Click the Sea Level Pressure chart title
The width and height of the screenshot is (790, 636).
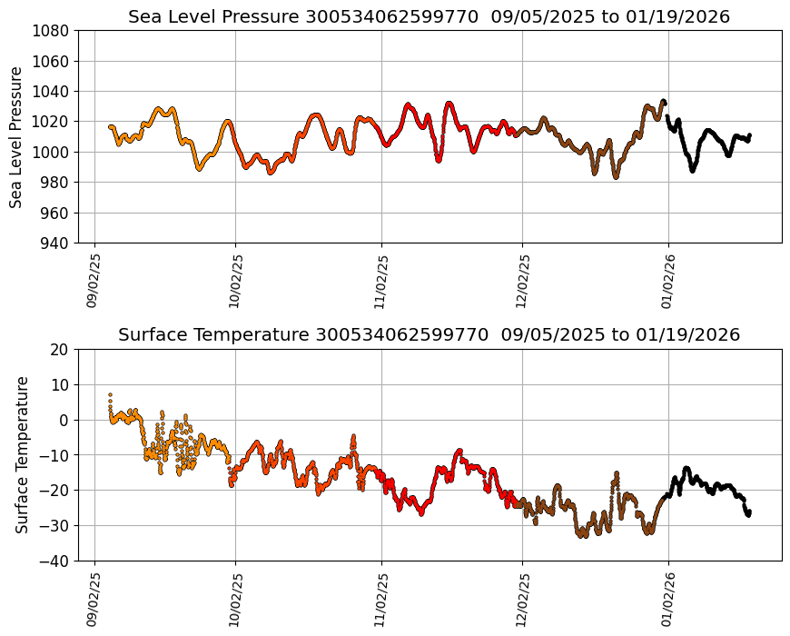[429, 17]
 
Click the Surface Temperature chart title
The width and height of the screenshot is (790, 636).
[429, 335]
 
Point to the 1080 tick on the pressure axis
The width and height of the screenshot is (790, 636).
[52, 31]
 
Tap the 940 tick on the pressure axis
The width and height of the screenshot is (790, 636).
[52, 243]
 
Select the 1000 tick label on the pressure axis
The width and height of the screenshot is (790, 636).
[52, 152]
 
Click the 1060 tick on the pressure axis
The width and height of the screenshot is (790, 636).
[52, 61]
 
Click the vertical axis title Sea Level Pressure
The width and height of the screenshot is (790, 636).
[16, 137]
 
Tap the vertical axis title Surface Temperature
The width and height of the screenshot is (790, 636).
[23, 454]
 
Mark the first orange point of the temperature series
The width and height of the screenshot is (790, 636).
[110, 395]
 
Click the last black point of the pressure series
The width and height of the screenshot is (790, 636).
[749, 135]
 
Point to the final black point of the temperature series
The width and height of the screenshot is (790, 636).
[749, 512]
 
